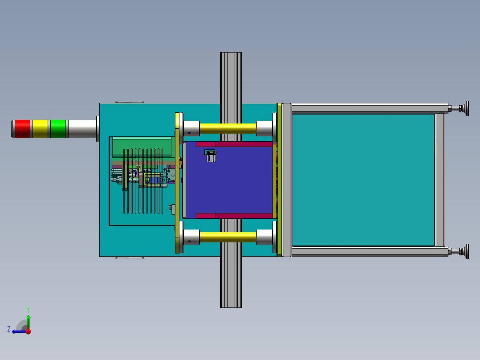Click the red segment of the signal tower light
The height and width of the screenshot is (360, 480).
pos(22,129)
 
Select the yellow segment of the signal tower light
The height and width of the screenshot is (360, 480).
pos(40,129)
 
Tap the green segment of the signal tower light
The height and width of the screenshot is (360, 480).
pos(58,129)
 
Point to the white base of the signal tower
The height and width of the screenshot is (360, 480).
pos(82,129)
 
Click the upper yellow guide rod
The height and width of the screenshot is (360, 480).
pos(228,128)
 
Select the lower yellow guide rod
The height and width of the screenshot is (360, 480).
pos(228,237)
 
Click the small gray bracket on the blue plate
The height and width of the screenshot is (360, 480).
pos(210,155)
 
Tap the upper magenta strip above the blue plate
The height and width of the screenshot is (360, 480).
pos(234,144)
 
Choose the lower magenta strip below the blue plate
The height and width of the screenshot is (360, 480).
pos(234,216)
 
